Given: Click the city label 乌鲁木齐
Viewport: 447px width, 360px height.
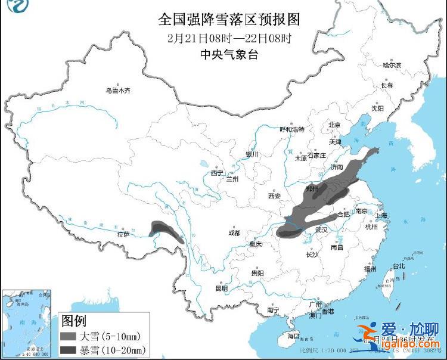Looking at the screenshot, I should (x=117, y=91).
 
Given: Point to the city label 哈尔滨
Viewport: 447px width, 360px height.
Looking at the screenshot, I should (x=392, y=64).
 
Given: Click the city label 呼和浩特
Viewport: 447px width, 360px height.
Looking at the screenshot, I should (x=292, y=129).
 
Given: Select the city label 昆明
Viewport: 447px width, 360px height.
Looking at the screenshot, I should (x=221, y=288).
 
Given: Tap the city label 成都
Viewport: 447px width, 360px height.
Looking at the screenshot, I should (x=234, y=232).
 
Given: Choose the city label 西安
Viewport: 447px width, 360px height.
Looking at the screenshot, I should (x=274, y=195).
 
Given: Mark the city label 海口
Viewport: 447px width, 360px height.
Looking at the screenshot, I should (x=293, y=336).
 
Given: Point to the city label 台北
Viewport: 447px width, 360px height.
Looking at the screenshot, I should (x=398, y=266).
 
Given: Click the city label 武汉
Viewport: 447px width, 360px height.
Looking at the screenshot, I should (x=322, y=229).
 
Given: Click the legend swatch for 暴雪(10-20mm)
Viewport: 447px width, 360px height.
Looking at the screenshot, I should (x=72, y=349).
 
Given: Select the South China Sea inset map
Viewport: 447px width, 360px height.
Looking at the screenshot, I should (x=27, y=322).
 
